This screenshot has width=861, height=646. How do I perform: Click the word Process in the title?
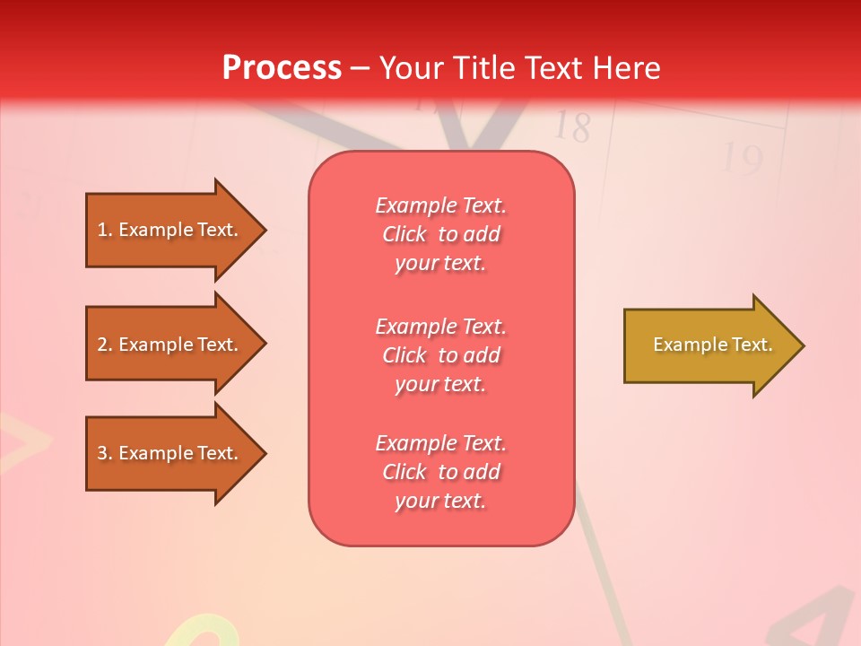click(282, 68)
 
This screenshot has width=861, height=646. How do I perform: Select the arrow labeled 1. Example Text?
click(170, 230)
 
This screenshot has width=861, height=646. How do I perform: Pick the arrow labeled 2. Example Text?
click(170, 345)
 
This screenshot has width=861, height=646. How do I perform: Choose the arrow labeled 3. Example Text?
click(170, 453)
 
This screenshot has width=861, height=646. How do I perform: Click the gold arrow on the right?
click(709, 345)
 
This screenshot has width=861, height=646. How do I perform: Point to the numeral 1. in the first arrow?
click(105, 230)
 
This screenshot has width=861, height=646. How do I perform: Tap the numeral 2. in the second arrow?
click(105, 345)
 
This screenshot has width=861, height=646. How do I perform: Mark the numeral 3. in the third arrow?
click(105, 453)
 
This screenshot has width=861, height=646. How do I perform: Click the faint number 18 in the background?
click(571, 127)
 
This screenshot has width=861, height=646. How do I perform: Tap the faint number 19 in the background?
click(742, 159)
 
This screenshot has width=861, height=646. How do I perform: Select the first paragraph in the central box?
click(440, 234)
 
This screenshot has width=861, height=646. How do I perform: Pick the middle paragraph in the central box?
click(440, 355)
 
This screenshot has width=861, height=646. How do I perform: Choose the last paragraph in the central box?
click(440, 472)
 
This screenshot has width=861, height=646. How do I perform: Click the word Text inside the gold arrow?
click(752, 345)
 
